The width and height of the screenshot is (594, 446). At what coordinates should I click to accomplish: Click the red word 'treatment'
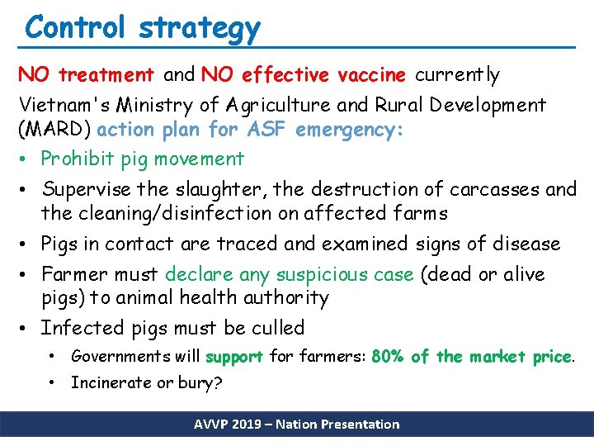[x=106, y=76]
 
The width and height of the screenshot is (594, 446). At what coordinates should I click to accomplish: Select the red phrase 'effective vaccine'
[x=323, y=76]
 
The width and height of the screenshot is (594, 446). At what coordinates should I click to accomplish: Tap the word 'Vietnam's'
[x=63, y=106]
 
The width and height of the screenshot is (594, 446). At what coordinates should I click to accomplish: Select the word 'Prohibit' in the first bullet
[x=78, y=159]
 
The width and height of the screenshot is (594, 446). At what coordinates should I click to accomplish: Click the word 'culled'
[x=274, y=329]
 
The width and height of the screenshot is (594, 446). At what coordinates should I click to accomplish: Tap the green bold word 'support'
[x=233, y=358]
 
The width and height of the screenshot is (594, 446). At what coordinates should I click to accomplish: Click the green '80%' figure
[x=388, y=357]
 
